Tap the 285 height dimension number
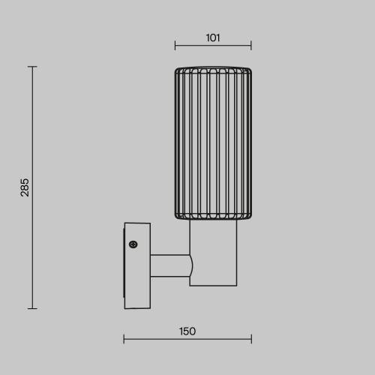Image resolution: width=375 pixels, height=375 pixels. tap(25, 187)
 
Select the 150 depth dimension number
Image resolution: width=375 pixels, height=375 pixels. tap(187, 331)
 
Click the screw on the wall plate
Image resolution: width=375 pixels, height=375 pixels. tap(133, 244)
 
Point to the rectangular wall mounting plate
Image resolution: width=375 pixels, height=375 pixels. tap(136, 266)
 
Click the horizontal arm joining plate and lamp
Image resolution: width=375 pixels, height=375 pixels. tap(169, 265)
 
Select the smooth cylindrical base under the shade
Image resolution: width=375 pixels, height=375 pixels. tap(213, 253)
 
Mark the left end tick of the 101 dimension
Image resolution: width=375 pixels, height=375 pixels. tap(175, 45)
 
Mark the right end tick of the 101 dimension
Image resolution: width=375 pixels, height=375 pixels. tap(251, 45)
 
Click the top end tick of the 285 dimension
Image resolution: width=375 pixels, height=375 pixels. tap(33, 67)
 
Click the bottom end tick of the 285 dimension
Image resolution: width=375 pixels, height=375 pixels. tap(33, 308)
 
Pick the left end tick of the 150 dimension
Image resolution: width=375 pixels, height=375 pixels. tap(124, 341)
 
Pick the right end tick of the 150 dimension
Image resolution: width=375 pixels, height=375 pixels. tap(251, 341)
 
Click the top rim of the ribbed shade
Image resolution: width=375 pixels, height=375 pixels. tap(213, 69)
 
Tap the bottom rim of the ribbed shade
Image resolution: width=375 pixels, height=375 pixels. tap(213, 218)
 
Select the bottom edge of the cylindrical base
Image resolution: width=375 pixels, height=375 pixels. tap(213, 285)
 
